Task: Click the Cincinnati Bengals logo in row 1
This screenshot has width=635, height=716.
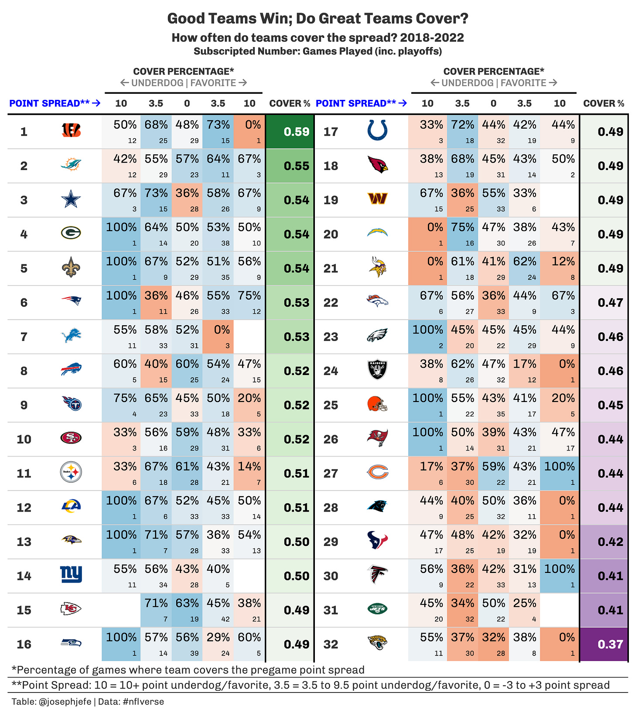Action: (x=71, y=131)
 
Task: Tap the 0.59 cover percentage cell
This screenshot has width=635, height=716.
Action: (x=290, y=132)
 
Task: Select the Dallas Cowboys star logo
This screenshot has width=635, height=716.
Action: (x=71, y=200)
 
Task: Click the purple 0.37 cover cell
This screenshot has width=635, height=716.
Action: (x=604, y=644)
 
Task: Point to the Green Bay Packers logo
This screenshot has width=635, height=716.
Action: (x=71, y=234)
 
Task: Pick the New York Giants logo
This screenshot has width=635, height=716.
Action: (x=71, y=575)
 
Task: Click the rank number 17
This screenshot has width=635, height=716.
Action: (x=331, y=132)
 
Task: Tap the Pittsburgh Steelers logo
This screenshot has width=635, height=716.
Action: (x=71, y=473)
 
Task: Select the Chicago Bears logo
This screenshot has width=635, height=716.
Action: (x=378, y=473)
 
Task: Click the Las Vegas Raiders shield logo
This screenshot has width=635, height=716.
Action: (x=378, y=370)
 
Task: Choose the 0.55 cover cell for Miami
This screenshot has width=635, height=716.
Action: (x=290, y=166)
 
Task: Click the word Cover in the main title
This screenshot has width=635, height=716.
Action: (x=430, y=19)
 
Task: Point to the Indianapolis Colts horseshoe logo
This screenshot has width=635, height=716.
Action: (x=378, y=131)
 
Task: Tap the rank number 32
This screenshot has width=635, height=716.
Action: (x=331, y=644)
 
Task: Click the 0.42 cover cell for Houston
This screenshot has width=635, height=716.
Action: (x=604, y=542)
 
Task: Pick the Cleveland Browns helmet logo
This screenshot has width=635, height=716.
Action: (x=378, y=405)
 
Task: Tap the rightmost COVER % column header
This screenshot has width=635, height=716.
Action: (x=604, y=103)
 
